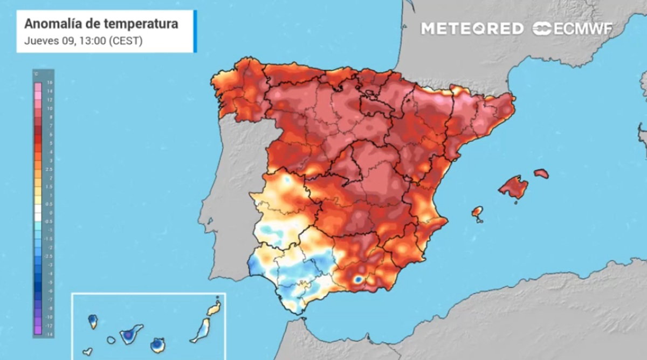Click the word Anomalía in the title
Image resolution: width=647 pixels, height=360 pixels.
tap(52, 24)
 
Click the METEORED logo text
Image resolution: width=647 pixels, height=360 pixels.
tap(472, 29)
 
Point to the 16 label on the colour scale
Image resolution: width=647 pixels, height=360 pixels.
tap(50, 83)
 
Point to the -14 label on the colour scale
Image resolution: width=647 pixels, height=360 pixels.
tap(49, 334)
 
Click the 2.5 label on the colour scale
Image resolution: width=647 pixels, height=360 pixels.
tap(50, 169)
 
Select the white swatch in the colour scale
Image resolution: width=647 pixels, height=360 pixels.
tap(38, 217)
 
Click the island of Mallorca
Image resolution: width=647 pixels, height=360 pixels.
tap(513, 187)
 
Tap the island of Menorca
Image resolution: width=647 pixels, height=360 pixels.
tap(541, 174)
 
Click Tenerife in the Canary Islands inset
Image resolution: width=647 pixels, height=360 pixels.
tap(129, 335)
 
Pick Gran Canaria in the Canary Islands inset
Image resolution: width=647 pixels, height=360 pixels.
tap(157, 344)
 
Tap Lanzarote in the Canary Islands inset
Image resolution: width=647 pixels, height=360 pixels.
tap(214, 309)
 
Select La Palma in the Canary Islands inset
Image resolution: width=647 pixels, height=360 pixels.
tap(93, 322)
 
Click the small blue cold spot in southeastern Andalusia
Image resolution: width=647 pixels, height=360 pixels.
tap(358, 280)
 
